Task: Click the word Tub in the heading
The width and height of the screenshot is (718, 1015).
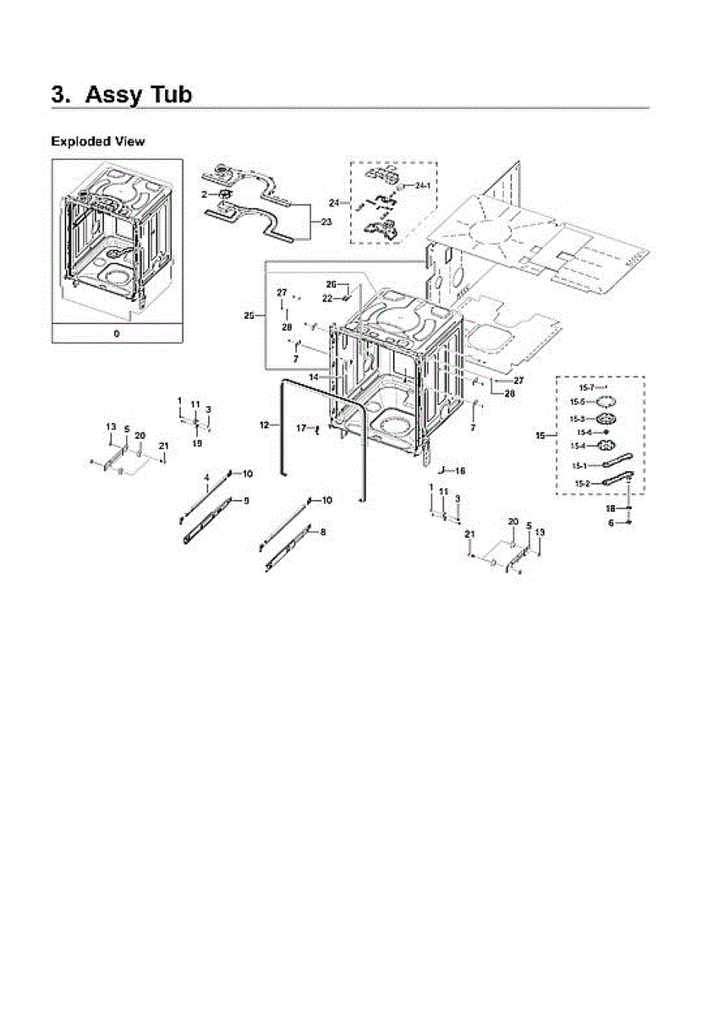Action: pyautogui.click(x=160, y=94)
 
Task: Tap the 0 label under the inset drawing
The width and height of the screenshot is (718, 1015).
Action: pyautogui.click(x=117, y=333)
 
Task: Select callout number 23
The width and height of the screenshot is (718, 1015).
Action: pyautogui.click(x=326, y=221)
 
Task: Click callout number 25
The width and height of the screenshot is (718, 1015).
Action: pyautogui.click(x=249, y=315)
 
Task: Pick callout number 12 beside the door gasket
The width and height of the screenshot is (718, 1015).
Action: pyautogui.click(x=264, y=424)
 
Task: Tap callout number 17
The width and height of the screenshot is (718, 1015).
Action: pyautogui.click(x=301, y=429)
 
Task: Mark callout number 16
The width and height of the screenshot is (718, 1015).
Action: pyautogui.click(x=461, y=470)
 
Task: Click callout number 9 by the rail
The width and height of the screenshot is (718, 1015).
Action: pyautogui.click(x=246, y=501)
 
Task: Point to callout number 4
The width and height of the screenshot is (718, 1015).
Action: pyautogui.click(x=206, y=479)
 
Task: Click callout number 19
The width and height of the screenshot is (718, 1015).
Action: pyautogui.click(x=197, y=442)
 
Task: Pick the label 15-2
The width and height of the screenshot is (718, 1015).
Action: pyautogui.click(x=583, y=483)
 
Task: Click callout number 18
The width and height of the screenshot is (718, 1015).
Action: pyautogui.click(x=610, y=508)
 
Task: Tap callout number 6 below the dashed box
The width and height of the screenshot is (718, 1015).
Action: pyautogui.click(x=611, y=523)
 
